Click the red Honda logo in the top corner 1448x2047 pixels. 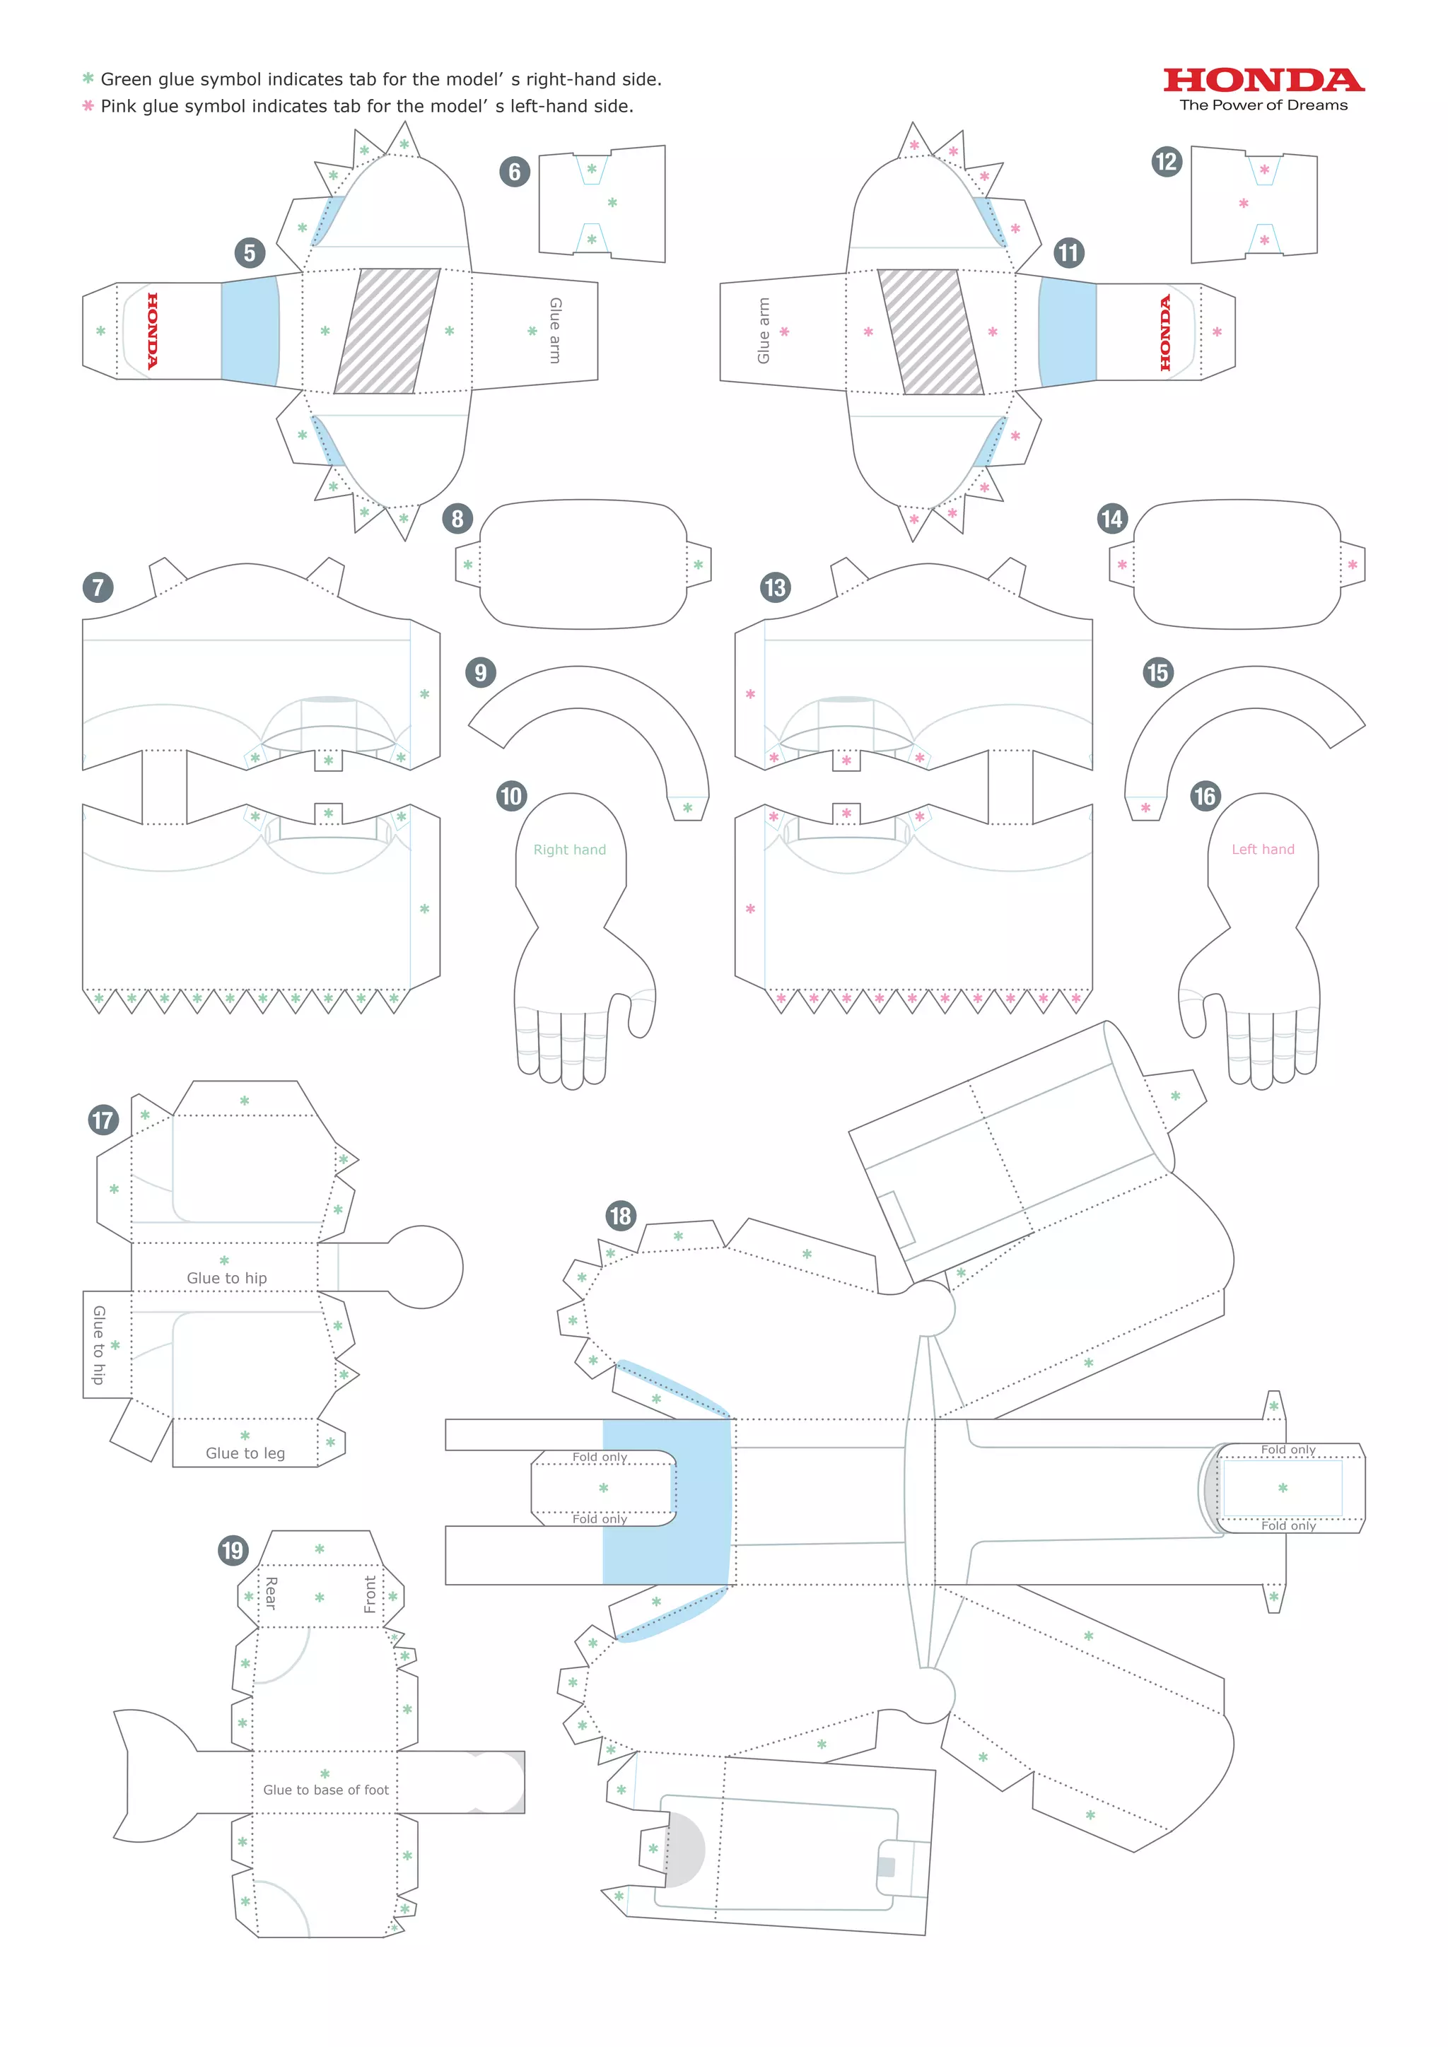click(x=1263, y=81)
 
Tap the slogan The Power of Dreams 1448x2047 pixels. click(x=1263, y=105)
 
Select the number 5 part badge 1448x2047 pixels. click(x=250, y=253)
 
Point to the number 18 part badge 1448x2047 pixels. click(x=621, y=1215)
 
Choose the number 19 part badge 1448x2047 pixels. click(x=233, y=1549)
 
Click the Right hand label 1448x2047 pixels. click(x=569, y=850)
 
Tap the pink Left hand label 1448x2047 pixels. click(x=1263, y=850)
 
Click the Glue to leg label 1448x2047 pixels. click(x=245, y=1453)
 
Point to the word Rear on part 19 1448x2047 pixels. click(x=271, y=1593)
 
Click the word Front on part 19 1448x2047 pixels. click(x=370, y=1593)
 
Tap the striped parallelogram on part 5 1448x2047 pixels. click(x=387, y=331)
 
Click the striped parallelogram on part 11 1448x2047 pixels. click(x=931, y=331)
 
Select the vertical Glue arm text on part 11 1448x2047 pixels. click(x=763, y=331)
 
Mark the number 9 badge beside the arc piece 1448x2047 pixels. click(x=481, y=672)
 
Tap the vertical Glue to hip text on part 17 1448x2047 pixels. click(x=99, y=1344)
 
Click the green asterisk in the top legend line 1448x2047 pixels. click(x=88, y=78)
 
